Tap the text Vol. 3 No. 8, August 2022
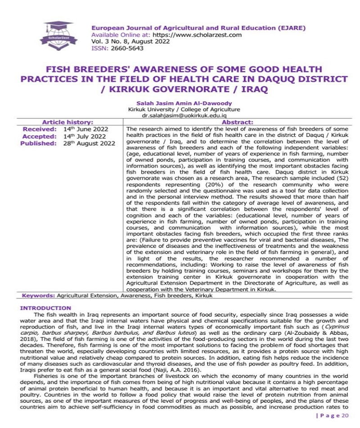tap(130, 41)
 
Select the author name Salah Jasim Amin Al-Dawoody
tap(184, 103)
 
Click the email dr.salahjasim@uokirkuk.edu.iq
tap(184, 116)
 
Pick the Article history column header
tap(67, 122)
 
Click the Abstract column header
tap(238, 122)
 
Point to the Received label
tap(40, 129)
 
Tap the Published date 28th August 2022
tap(89, 144)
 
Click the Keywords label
tap(39, 296)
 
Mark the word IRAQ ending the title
tap(254, 89)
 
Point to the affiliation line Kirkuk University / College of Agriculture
tap(184, 109)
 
